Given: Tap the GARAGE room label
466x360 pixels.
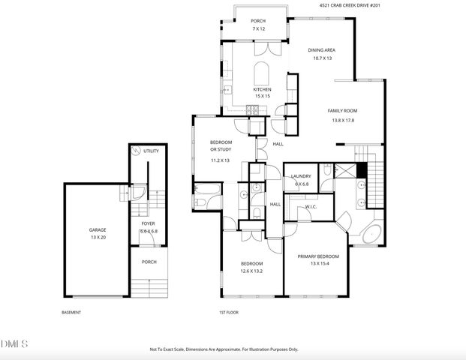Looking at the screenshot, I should pyautogui.click(x=98, y=230).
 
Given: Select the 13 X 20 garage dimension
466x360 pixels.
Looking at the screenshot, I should pyautogui.click(x=98, y=237).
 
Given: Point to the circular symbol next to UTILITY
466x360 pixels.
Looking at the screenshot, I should pyautogui.click(x=137, y=151).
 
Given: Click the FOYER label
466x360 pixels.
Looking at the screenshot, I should pyautogui.click(x=148, y=223).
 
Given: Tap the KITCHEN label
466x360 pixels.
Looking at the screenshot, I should pyautogui.click(x=261, y=89).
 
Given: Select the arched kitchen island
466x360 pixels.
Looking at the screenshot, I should pyautogui.click(x=261, y=74).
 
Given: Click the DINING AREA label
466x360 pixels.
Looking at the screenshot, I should pyautogui.click(x=320, y=50).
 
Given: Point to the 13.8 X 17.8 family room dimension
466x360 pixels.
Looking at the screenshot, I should pyautogui.click(x=341, y=120).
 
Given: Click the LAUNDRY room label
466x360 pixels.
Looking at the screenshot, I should pyautogui.click(x=301, y=176).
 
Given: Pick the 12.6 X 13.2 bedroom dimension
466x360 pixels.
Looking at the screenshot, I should pyautogui.click(x=251, y=271).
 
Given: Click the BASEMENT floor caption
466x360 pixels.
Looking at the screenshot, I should pyautogui.click(x=71, y=312).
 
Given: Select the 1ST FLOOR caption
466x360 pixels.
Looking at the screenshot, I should pyautogui.click(x=228, y=312).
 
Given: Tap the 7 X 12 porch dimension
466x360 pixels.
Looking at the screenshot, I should pyautogui.click(x=258, y=29).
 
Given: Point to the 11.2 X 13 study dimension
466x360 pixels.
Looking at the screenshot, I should pyautogui.click(x=221, y=160).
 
